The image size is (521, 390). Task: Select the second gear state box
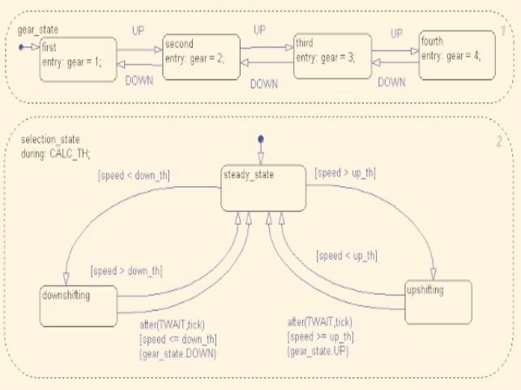[x=200, y=56]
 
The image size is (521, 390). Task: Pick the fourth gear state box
[x=456, y=54]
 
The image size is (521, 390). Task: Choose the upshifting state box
[x=437, y=301]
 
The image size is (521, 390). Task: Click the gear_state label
[x=37, y=29]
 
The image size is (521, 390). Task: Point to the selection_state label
[x=50, y=139]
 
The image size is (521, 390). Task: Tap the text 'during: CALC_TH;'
[x=56, y=151]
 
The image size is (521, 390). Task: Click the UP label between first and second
[x=139, y=31]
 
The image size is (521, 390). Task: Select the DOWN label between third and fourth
[x=392, y=82]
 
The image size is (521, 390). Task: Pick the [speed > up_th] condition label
[x=345, y=173]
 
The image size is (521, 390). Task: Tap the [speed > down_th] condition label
[x=124, y=270]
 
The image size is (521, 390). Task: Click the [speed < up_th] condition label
[x=347, y=256]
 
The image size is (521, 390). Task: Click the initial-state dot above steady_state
[x=261, y=140]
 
